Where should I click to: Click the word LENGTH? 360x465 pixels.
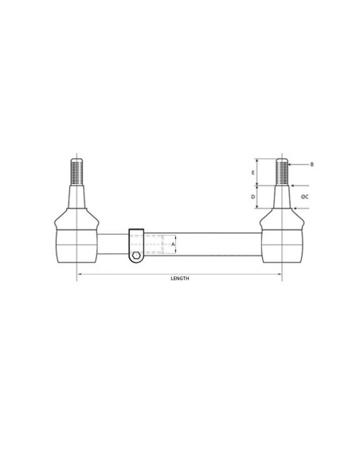180,279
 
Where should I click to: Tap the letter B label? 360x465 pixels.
312,164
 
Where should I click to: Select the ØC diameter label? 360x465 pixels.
305,196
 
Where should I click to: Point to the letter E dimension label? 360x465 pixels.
252,172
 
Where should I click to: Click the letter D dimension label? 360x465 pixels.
252,196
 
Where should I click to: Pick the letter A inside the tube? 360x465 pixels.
173,244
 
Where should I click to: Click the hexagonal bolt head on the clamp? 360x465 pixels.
136,255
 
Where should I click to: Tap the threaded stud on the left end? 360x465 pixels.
77,170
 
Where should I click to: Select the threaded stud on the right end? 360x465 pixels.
282,170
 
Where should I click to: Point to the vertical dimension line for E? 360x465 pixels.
259,172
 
